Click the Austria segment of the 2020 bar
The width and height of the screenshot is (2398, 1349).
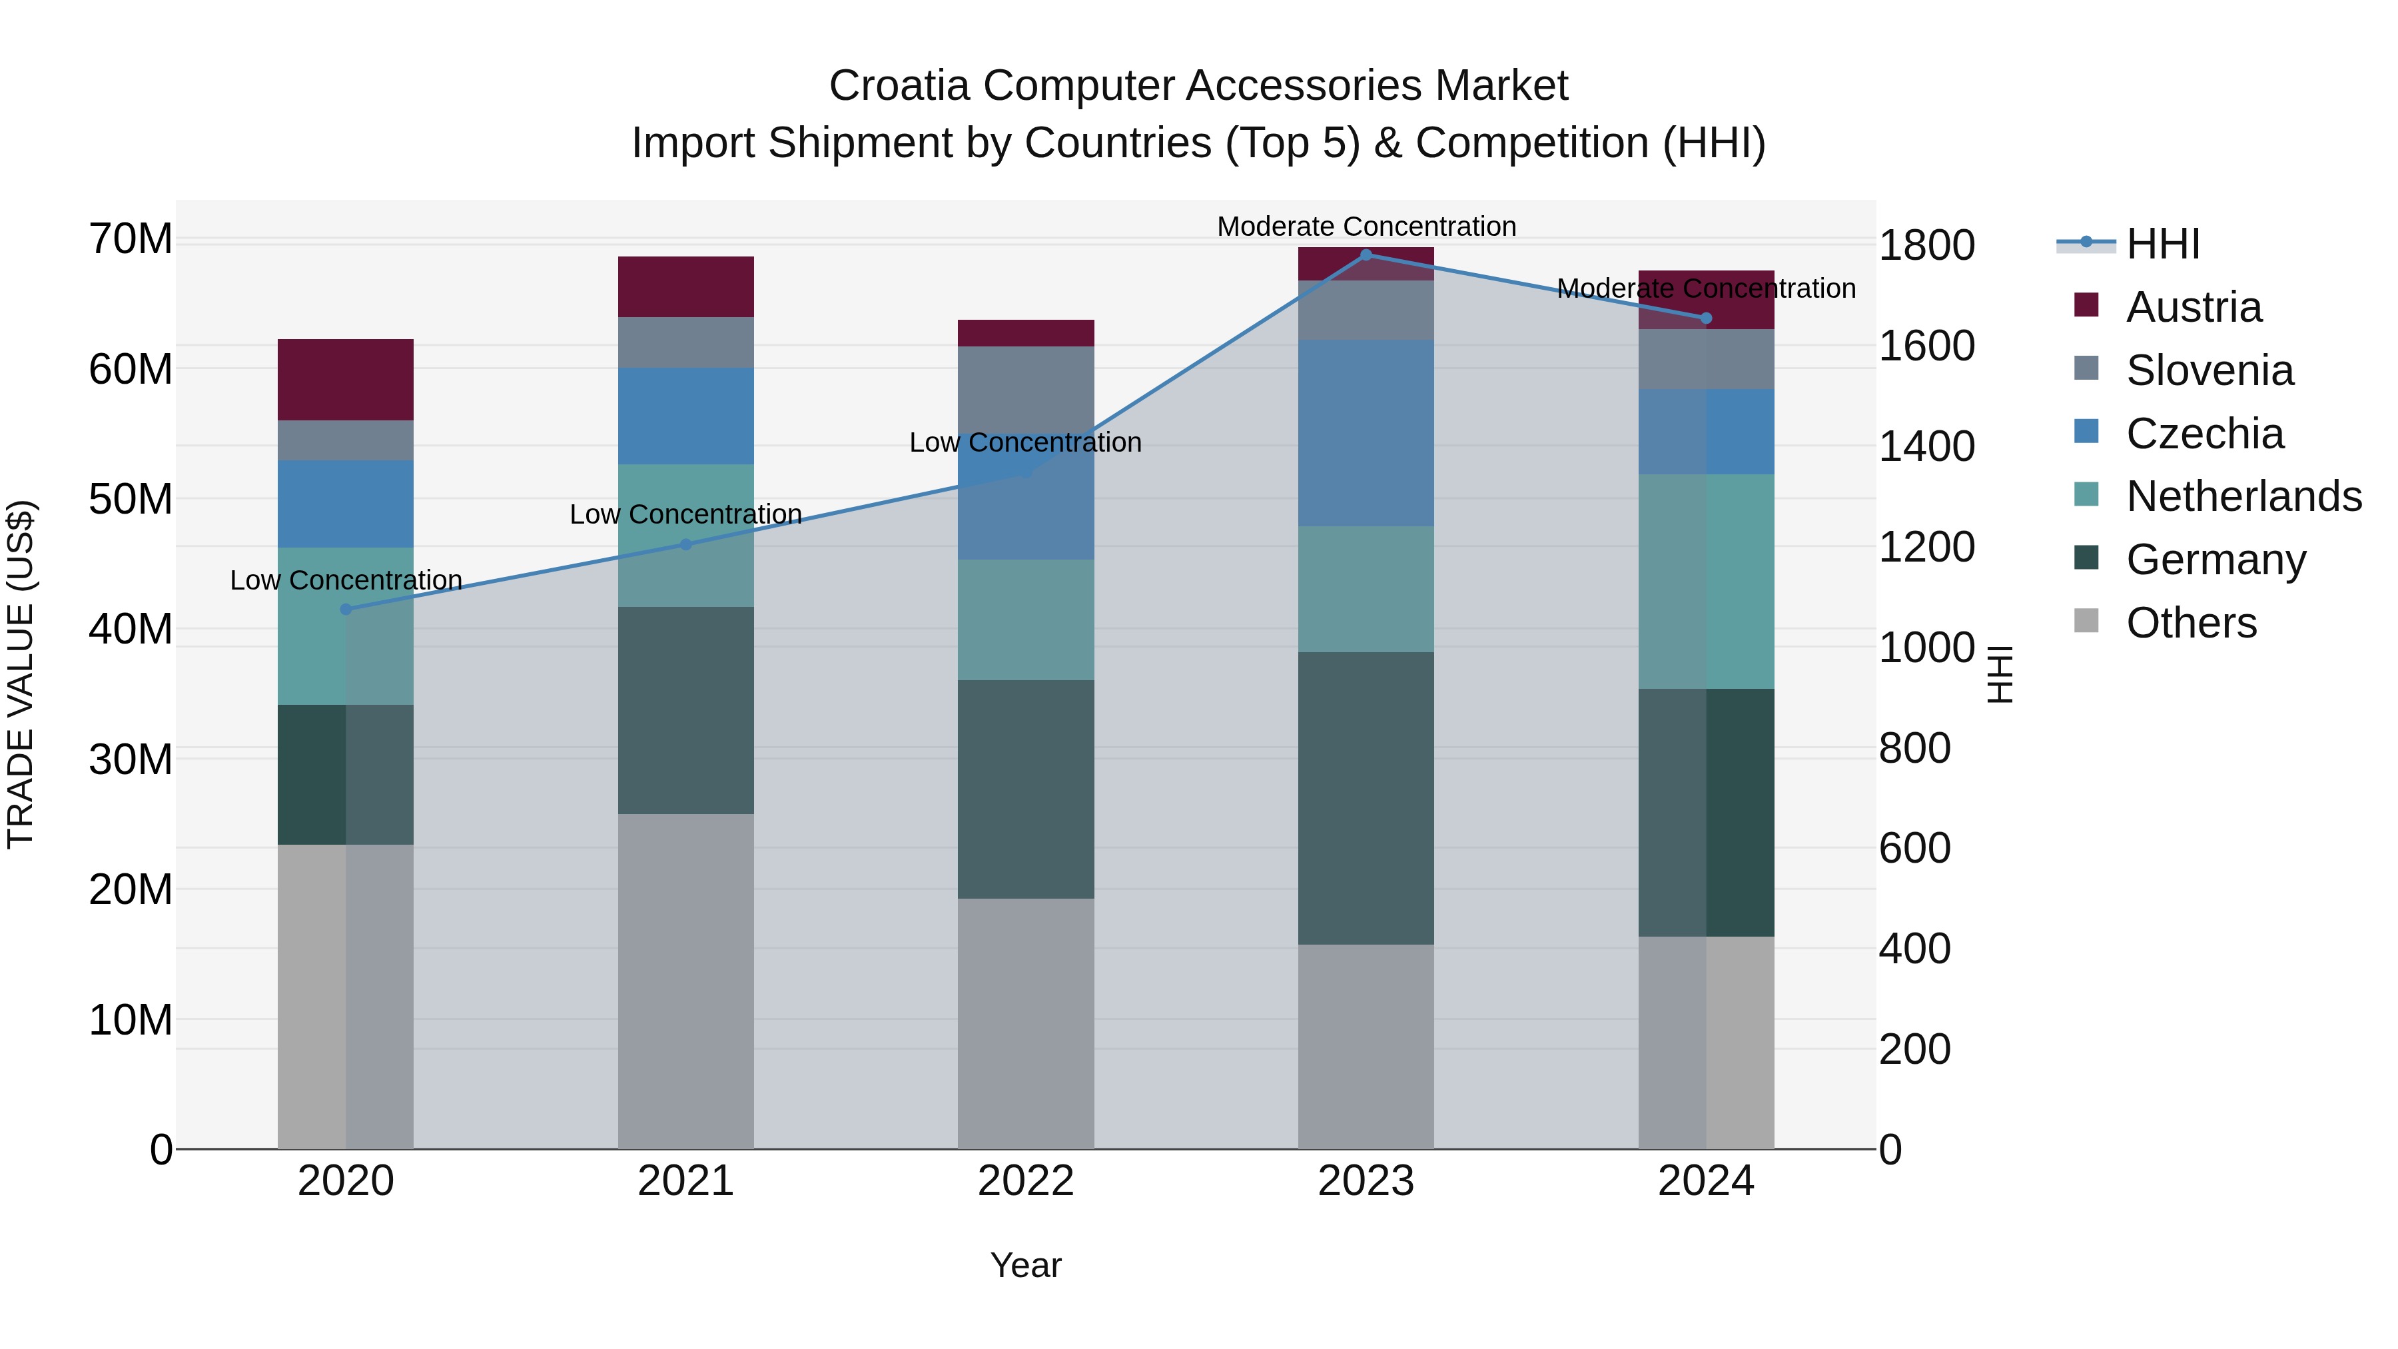(345, 379)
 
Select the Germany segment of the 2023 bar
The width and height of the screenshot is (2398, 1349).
(1366, 798)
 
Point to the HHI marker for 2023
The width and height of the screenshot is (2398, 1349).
(1366, 254)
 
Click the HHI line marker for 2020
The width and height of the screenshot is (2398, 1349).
(345, 609)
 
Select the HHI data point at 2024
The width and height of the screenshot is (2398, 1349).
(1705, 318)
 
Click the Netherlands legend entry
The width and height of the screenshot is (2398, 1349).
(2243, 496)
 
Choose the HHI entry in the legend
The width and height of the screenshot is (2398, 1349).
(2162, 244)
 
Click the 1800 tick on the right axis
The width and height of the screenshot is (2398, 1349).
(1926, 246)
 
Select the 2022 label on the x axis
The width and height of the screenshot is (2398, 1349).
(1026, 1181)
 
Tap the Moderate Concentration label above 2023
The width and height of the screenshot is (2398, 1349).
(1366, 226)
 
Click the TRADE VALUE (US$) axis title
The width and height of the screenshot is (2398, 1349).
(21, 674)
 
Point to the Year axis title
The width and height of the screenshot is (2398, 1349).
(1026, 1265)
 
